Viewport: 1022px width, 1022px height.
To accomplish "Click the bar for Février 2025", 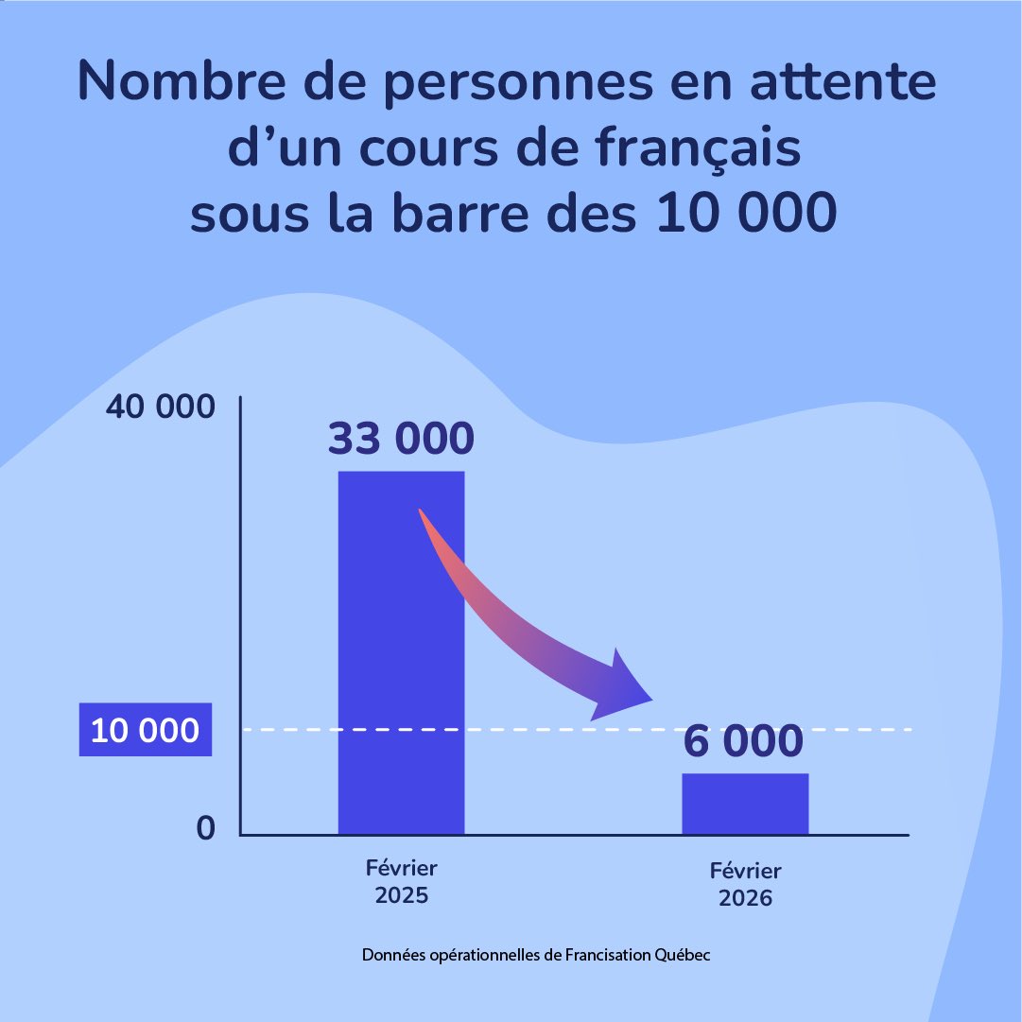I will pyautogui.click(x=401, y=652).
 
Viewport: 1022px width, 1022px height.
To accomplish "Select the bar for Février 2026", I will pyautogui.click(x=745, y=804).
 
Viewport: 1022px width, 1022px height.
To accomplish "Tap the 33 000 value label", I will pyautogui.click(x=401, y=439).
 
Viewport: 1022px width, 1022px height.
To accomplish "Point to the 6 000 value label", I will pyautogui.click(x=745, y=740).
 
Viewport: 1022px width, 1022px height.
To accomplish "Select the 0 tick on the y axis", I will pyautogui.click(x=205, y=828).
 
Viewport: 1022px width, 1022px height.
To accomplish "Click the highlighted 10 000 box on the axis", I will pyautogui.click(x=145, y=731).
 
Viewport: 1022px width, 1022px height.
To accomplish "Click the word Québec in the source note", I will pyautogui.click(x=683, y=955).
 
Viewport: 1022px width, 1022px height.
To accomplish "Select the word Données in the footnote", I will pyautogui.click(x=391, y=955).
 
